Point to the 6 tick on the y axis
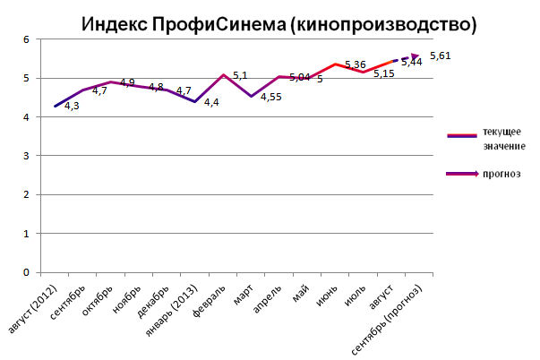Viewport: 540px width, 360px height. coord(26,40)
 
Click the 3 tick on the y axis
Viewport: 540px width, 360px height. coord(26,156)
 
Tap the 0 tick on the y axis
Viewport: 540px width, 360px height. coord(26,272)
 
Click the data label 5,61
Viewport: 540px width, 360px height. coord(441,56)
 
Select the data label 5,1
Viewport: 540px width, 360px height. coord(240,75)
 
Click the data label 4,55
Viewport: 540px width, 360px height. coord(271,97)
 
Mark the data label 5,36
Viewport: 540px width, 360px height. coord(355,64)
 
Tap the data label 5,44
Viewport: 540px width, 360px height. coord(413,63)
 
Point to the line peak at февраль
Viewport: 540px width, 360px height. coord(223,75)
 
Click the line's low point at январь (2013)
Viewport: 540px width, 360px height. coord(194,102)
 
